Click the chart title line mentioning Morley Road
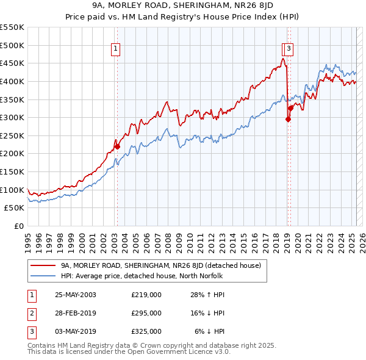click(x=183, y=7)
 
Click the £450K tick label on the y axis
click(x=12, y=63)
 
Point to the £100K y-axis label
click(x=12, y=190)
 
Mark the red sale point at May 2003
click(x=118, y=146)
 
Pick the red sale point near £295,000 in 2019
click(x=287, y=120)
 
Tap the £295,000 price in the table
click(x=146, y=313)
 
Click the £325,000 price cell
click(x=146, y=331)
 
